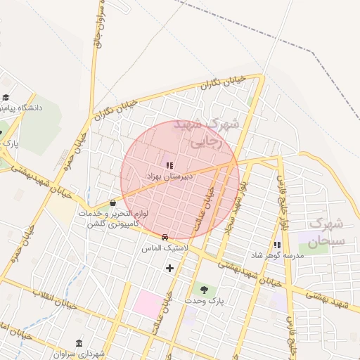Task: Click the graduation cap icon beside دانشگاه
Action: (6, 97)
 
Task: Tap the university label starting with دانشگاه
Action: (22, 108)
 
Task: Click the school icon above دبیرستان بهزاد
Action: (169, 165)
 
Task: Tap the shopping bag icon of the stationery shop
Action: (112, 203)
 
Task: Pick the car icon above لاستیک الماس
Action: (165, 238)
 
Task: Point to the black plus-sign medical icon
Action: (169, 268)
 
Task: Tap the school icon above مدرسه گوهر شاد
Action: (276, 245)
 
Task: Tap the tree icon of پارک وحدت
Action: (204, 288)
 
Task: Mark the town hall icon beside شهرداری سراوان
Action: (78, 342)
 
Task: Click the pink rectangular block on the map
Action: (148, 304)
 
